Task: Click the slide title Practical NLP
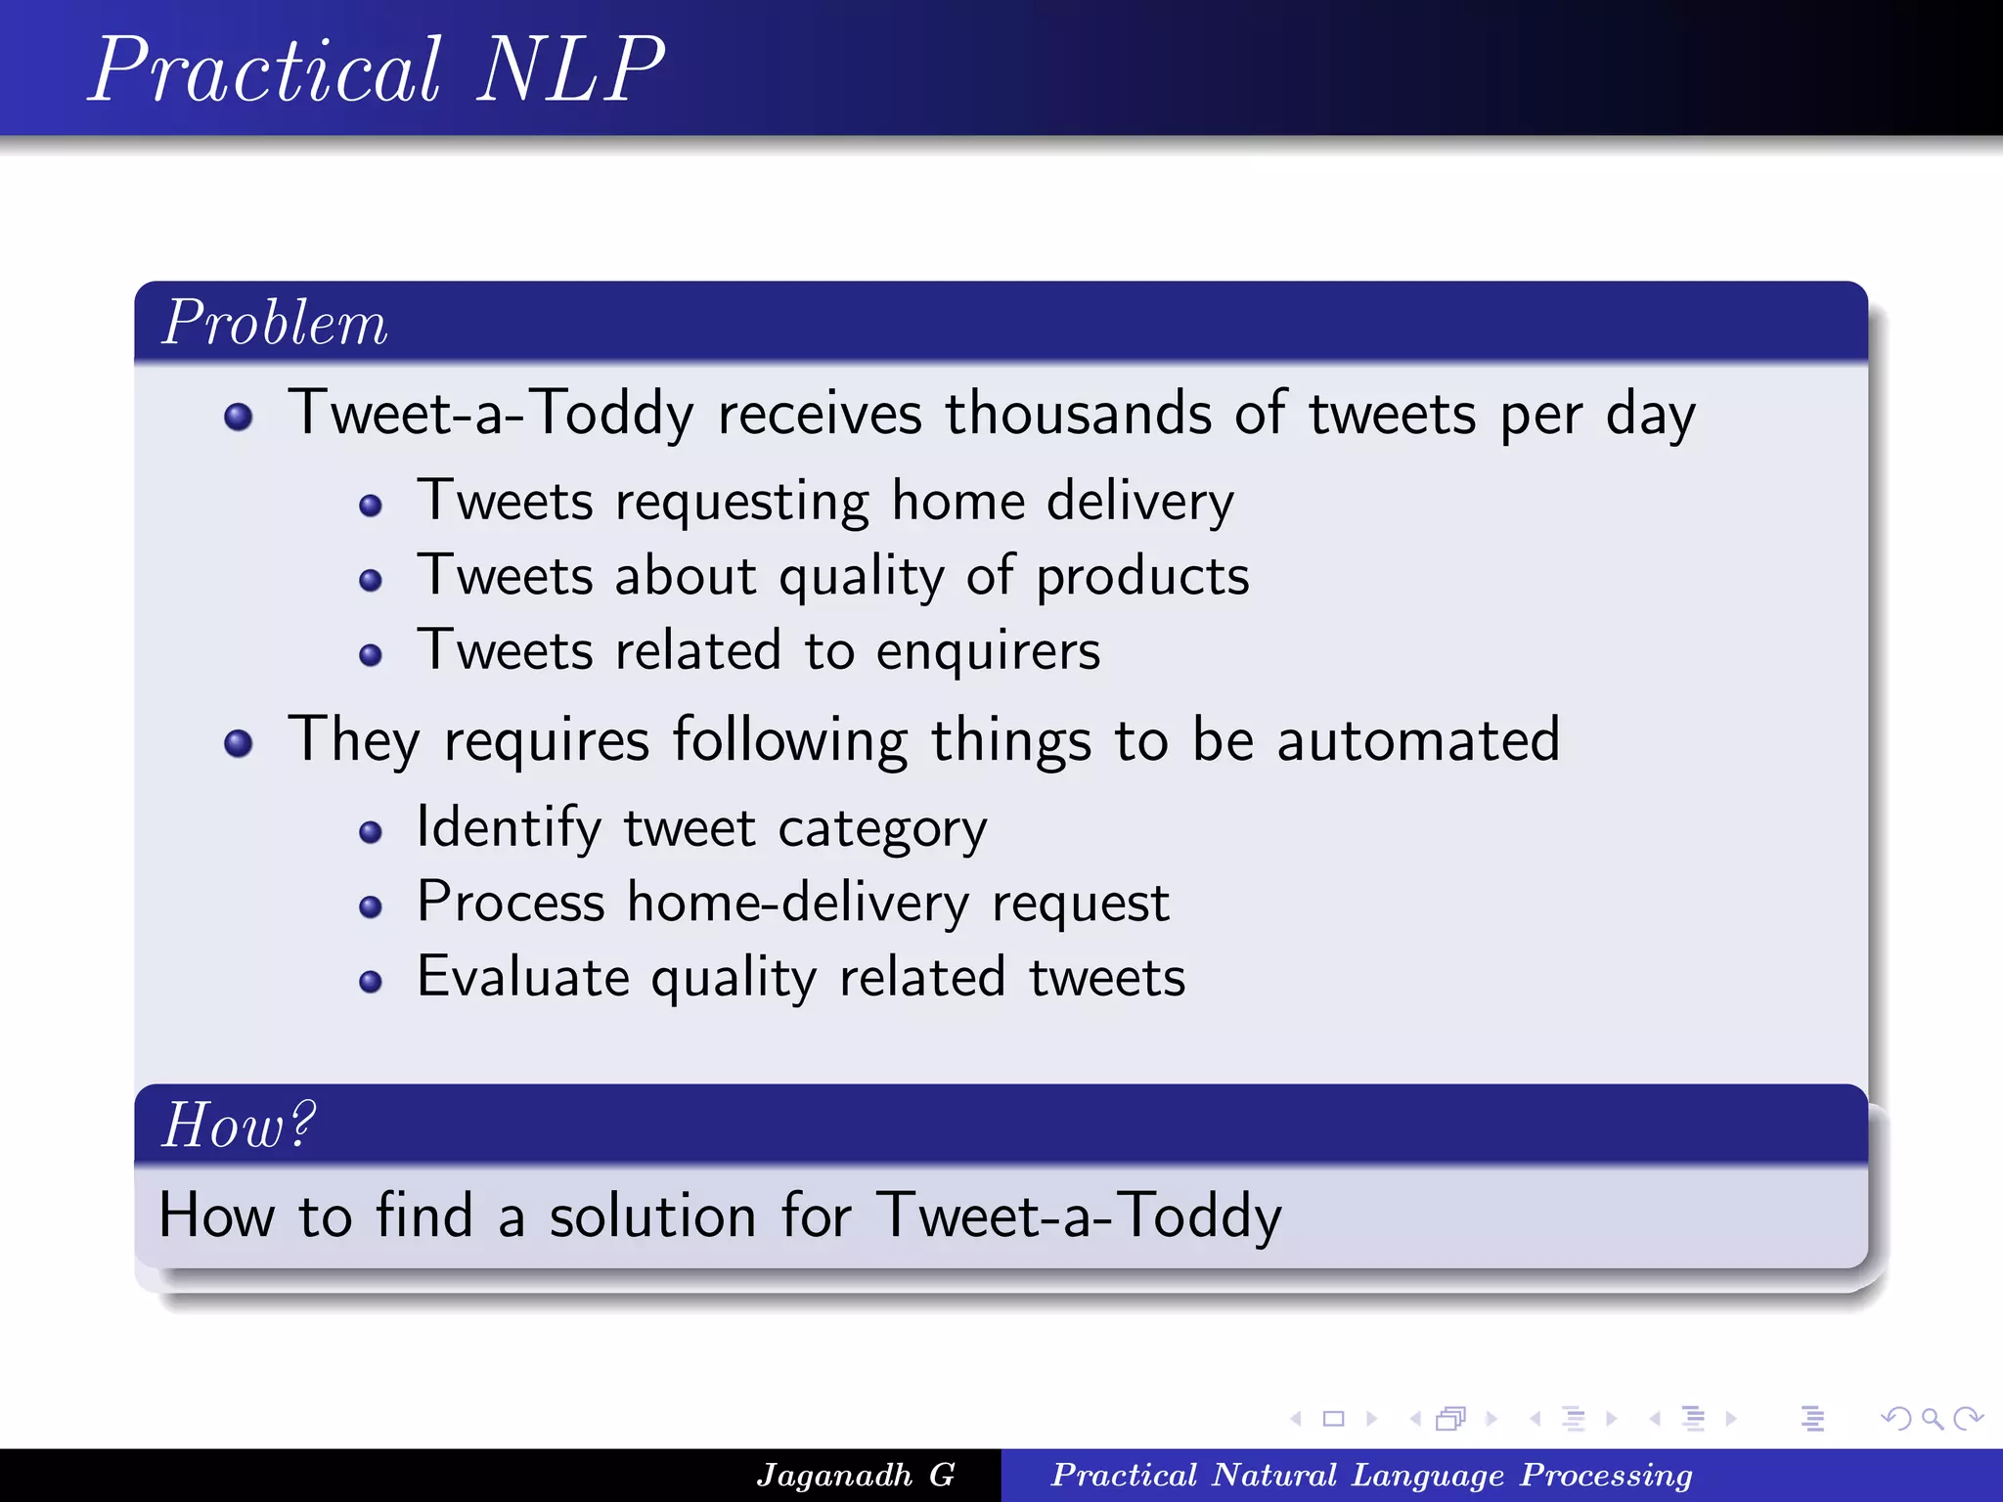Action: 377,70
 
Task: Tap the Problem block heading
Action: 275,323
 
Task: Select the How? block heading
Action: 239,1126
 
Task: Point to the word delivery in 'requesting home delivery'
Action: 1140,502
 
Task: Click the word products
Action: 1142,577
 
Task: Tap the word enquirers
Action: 988,652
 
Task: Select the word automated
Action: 1418,740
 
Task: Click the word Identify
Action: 509,828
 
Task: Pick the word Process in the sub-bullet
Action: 511,903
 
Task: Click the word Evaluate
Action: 523,978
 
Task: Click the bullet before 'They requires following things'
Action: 238,744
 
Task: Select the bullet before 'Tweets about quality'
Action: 370,581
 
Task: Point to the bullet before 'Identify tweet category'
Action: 370,832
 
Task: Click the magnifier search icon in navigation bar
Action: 1932,1419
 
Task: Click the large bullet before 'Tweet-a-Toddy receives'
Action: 238,418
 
